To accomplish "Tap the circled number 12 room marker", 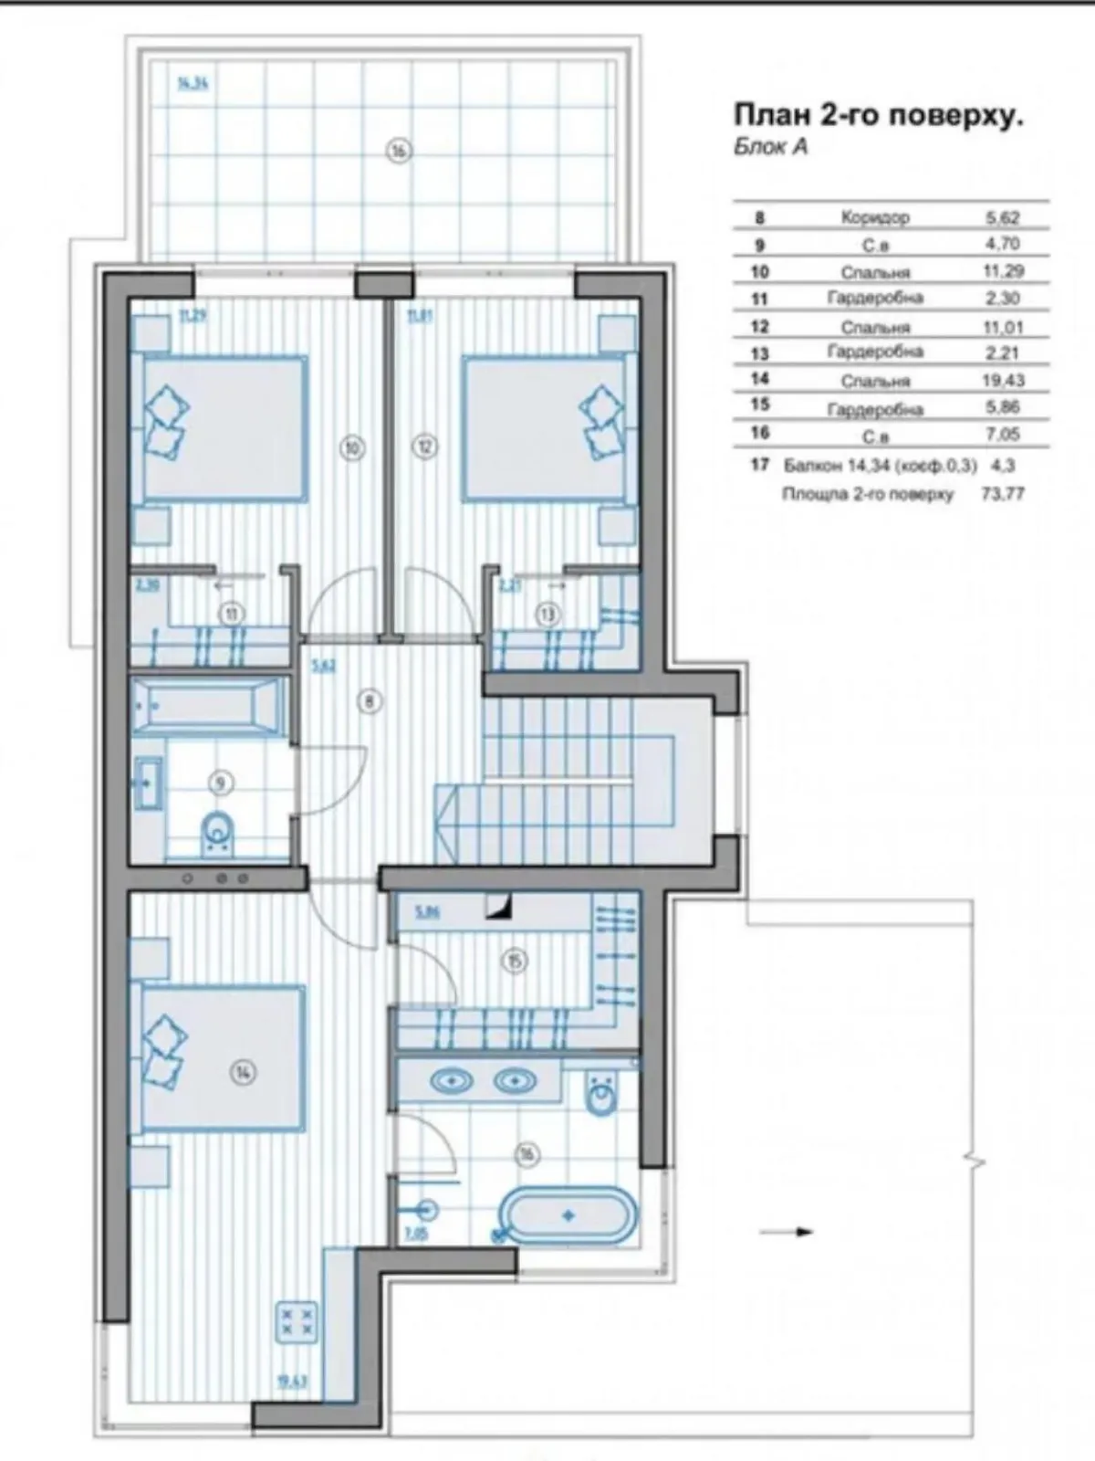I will pyautogui.click(x=426, y=447).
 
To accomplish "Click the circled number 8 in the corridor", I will pyautogui.click(x=370, y=701).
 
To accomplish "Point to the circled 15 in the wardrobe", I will pyautogui.click(x=516, y=960).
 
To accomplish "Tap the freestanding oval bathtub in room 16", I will pyautogui.click(x=568, y=1215).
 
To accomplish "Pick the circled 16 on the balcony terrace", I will pyautogui.click(x=398, y=152).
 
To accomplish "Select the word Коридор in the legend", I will pyautogui.click(x=874, y=217).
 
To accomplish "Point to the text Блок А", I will pyautogui.click(x=771, y=148).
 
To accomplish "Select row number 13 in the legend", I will pyautogui.click(x=760, y=352).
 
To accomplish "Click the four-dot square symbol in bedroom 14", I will pyautogui.click(x=297, y=1324).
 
